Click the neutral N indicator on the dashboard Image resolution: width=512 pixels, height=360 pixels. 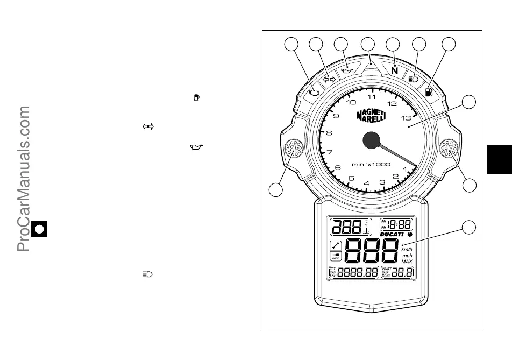pos(395,70)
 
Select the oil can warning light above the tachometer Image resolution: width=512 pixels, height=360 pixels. pos(348,70)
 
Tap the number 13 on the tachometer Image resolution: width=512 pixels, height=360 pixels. pos(407,117)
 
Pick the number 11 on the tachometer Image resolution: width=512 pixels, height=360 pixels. pos(372,97)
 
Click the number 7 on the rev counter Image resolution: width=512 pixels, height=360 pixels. pos(329,152)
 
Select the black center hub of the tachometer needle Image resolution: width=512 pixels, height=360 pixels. pos(371,140)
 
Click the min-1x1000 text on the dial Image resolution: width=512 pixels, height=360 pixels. pos(371,164)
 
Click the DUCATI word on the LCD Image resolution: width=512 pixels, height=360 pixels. pos(395,235)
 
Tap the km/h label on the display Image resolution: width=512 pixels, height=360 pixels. pos(407,249)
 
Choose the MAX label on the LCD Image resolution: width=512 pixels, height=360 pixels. pos(407,262)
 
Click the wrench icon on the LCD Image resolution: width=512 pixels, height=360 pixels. pos(336,245)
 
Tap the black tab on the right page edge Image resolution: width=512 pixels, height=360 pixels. pos(499,159)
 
